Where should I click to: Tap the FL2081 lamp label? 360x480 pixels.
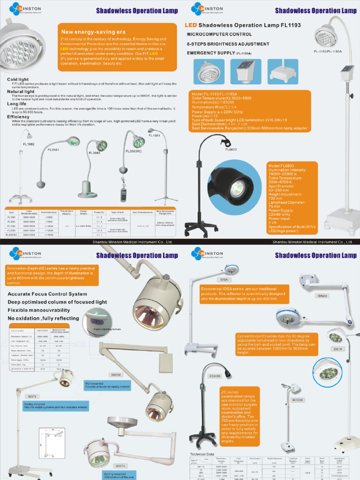(x=53, y=150)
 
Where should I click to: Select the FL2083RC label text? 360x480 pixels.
(x=133, y=151)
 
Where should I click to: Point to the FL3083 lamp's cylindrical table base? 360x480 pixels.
(x=87, y=189)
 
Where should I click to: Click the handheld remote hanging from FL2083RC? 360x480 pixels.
(x=123, y=194)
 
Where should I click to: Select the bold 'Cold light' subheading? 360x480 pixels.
(x=18, y=80)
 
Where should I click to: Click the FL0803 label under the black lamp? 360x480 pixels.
(x=231, y=150)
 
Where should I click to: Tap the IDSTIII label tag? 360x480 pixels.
(x=115, y=375)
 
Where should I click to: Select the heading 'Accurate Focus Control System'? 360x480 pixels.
(x=47, y=294)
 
